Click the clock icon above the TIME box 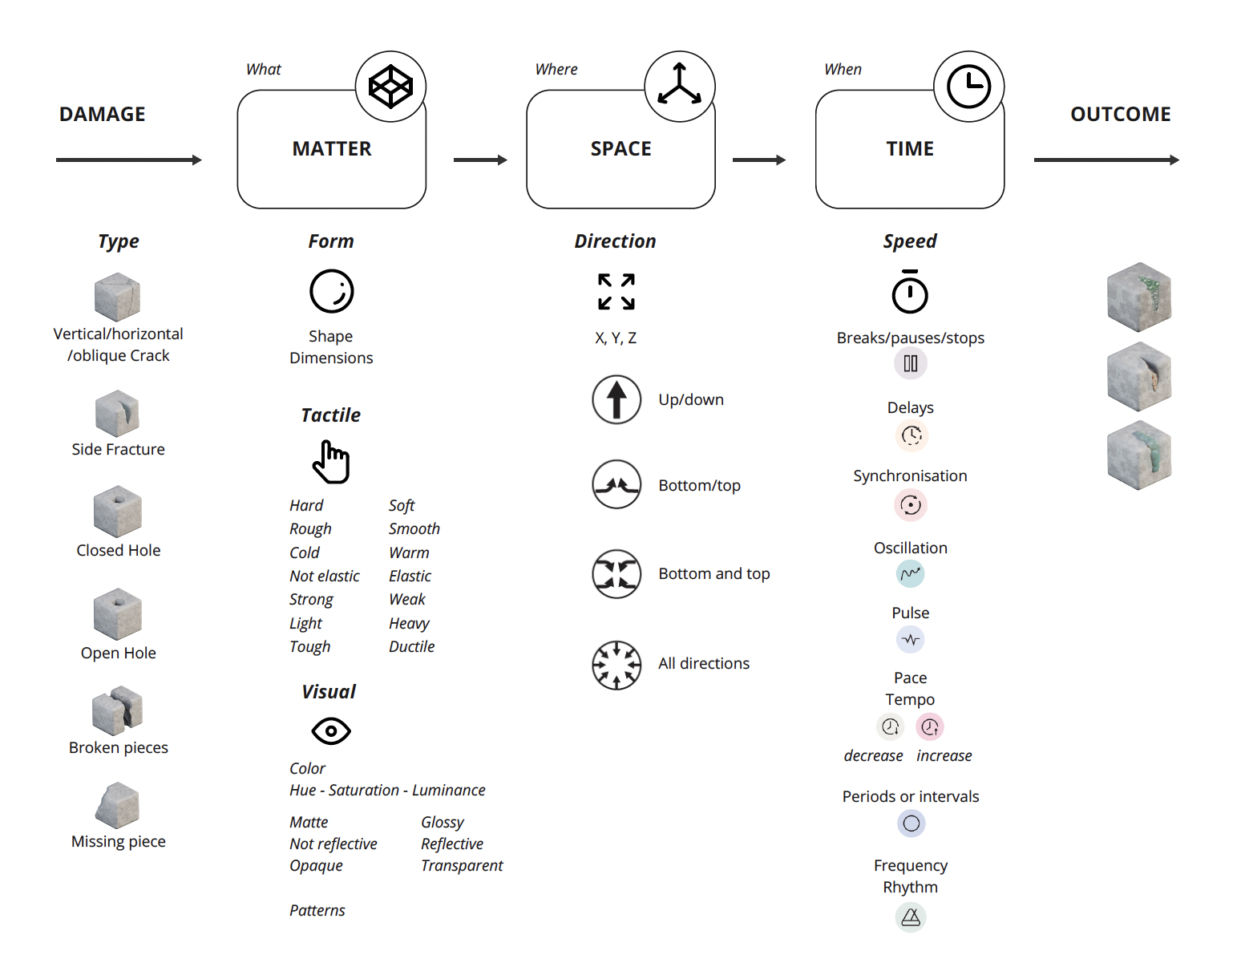(x=968, y=87)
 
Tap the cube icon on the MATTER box (x=390, y=87)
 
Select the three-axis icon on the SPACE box (x=680, y=87)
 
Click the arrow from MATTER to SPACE (x=480, y=160)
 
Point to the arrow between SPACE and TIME (x=759, y=160)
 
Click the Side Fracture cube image (x=117, y=414)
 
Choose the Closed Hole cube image (x=118, y=512)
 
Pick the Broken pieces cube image (x=118, y=710)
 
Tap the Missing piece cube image (x=118, y=805)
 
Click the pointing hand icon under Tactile (x=331, y=462)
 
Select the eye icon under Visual (x=331, y=731)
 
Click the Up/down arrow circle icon (x=616, y=399)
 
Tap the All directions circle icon (x=616, y=665)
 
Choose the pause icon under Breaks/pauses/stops (x=911, y=364)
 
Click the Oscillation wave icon (x=911, y=573)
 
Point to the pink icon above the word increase (x=930, y=726)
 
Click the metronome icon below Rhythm (x=911, y=917)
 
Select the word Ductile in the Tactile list (x=411, y=646)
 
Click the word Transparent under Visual (x=462, y=865)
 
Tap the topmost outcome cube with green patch (x=1139, y=297)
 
